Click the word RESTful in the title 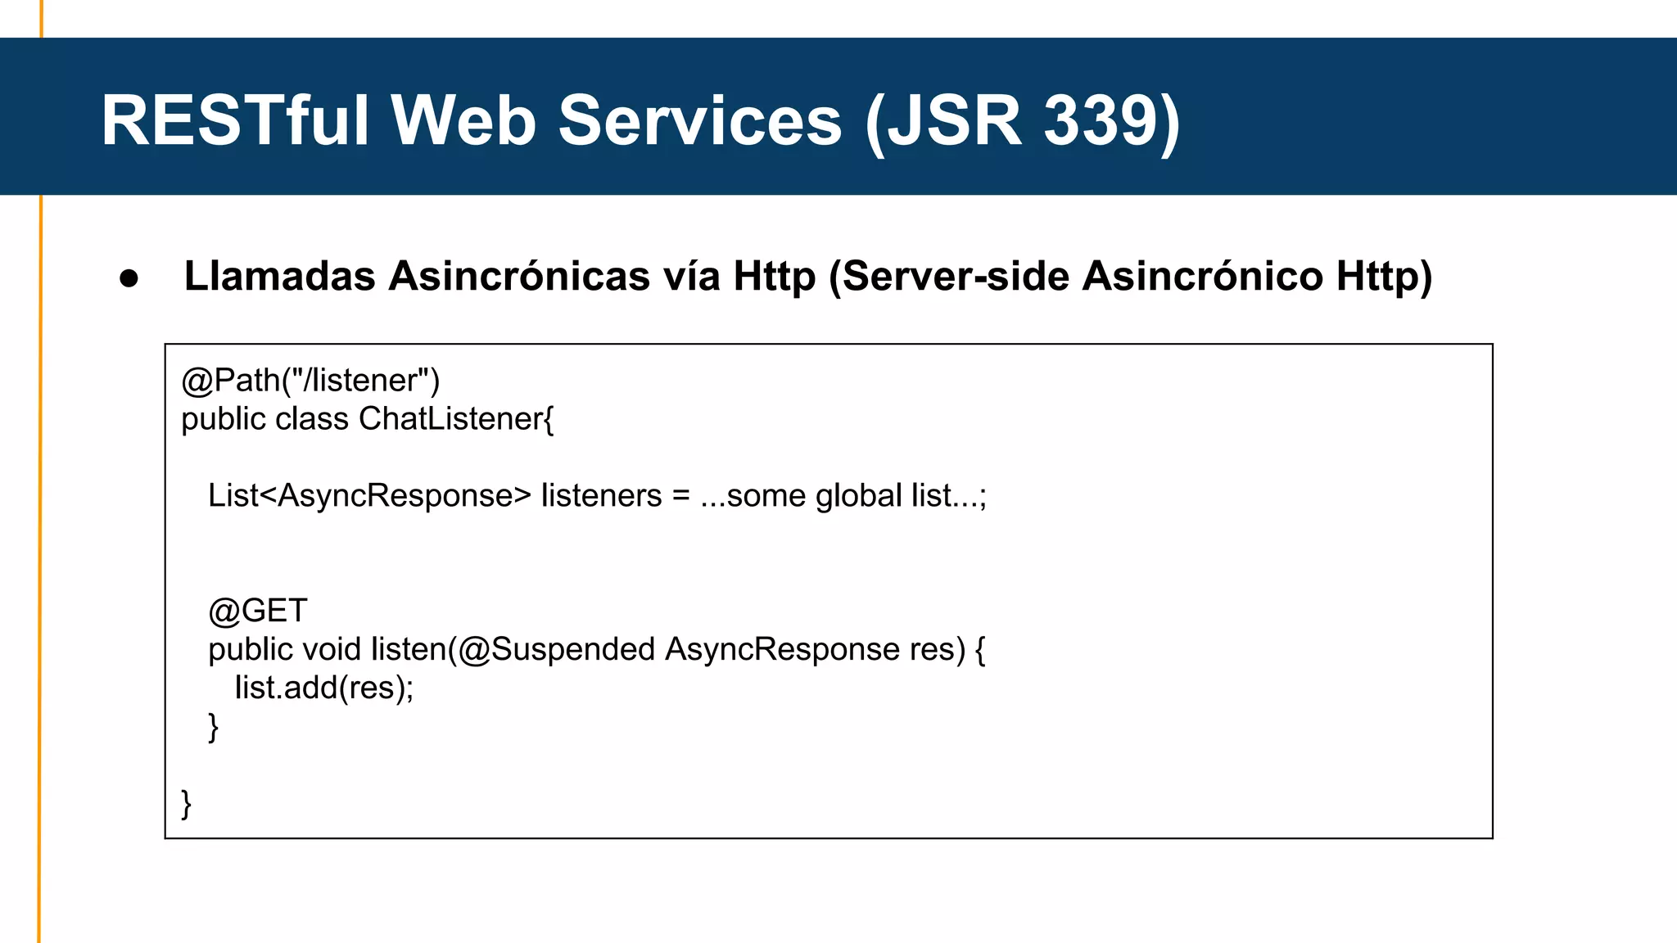[236, 120]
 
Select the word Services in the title [700, 120]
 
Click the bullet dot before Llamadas [129, 278]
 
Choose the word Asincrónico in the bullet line [1202, 276]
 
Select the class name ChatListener [450, 419]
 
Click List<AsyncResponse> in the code [369, 496]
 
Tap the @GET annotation [258, 611]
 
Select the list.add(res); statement [324, 688]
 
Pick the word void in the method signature [332, 649]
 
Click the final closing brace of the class [187, 804]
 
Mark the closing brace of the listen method [214, 727]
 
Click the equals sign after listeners [680, 496]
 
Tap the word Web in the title [463, 120]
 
